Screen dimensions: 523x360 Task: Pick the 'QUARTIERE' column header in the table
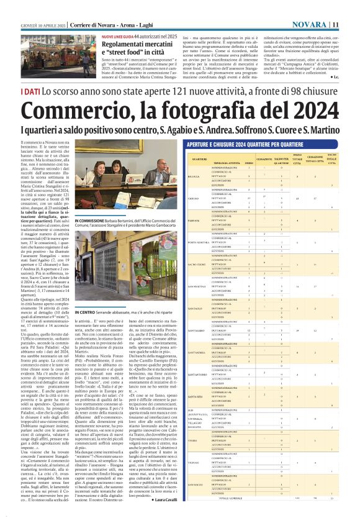[x=200, y=160]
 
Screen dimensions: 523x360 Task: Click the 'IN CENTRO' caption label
[x=84, y=311]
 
